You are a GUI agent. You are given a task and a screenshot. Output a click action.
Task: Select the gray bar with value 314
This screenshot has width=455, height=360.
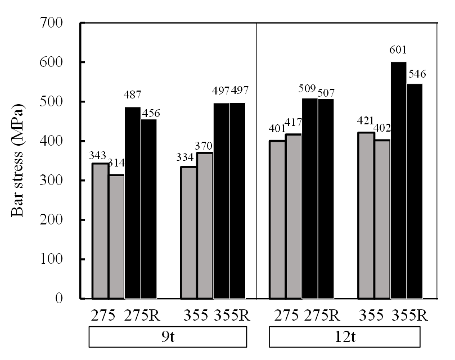[x=116, y=236]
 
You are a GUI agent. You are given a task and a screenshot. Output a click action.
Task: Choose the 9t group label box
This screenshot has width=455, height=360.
[x=167, y=337]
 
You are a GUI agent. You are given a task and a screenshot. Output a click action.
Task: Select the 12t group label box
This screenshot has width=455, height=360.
[x=344, y=337]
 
